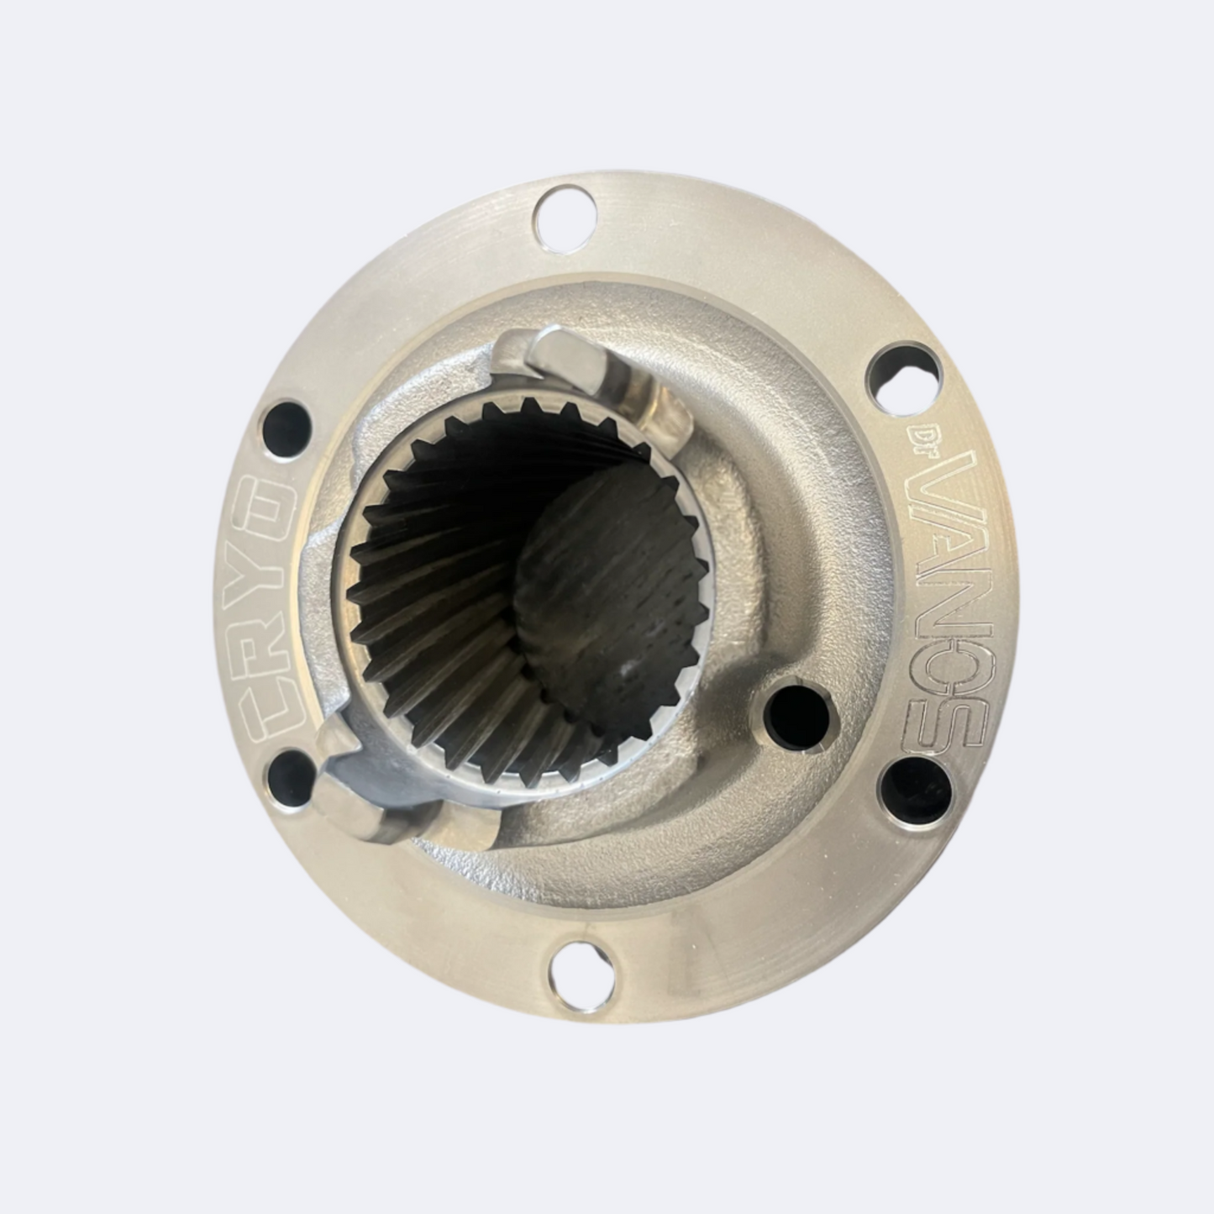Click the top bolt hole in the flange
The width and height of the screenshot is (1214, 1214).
click(x=565, y=218)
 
